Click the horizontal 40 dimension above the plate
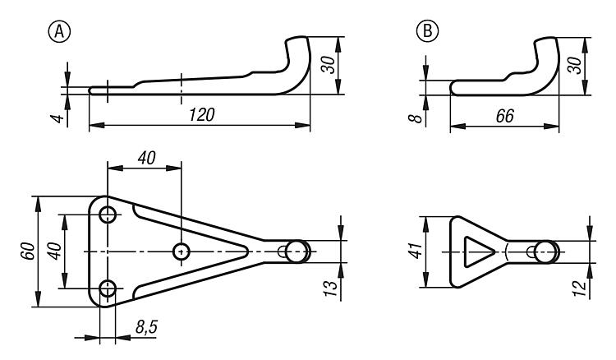[x=145, y=158]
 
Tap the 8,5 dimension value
[x=146, y=329]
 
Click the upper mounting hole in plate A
[x=108, y=215]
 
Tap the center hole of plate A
[x=182, y=251]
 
